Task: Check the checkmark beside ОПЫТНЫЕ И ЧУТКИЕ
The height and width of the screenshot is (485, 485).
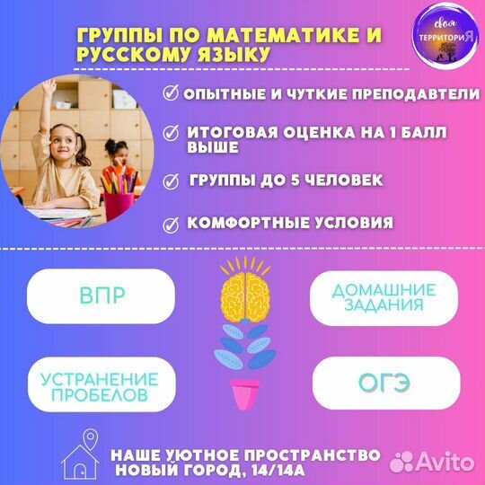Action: [x=171, y=93]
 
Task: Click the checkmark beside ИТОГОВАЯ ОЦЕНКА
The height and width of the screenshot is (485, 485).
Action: [x=171, y=132]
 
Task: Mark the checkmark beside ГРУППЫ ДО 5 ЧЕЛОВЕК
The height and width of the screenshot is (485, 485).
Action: [x=171, y=181]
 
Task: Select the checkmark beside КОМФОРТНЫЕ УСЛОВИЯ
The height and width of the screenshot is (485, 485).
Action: [x=171, y=223]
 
